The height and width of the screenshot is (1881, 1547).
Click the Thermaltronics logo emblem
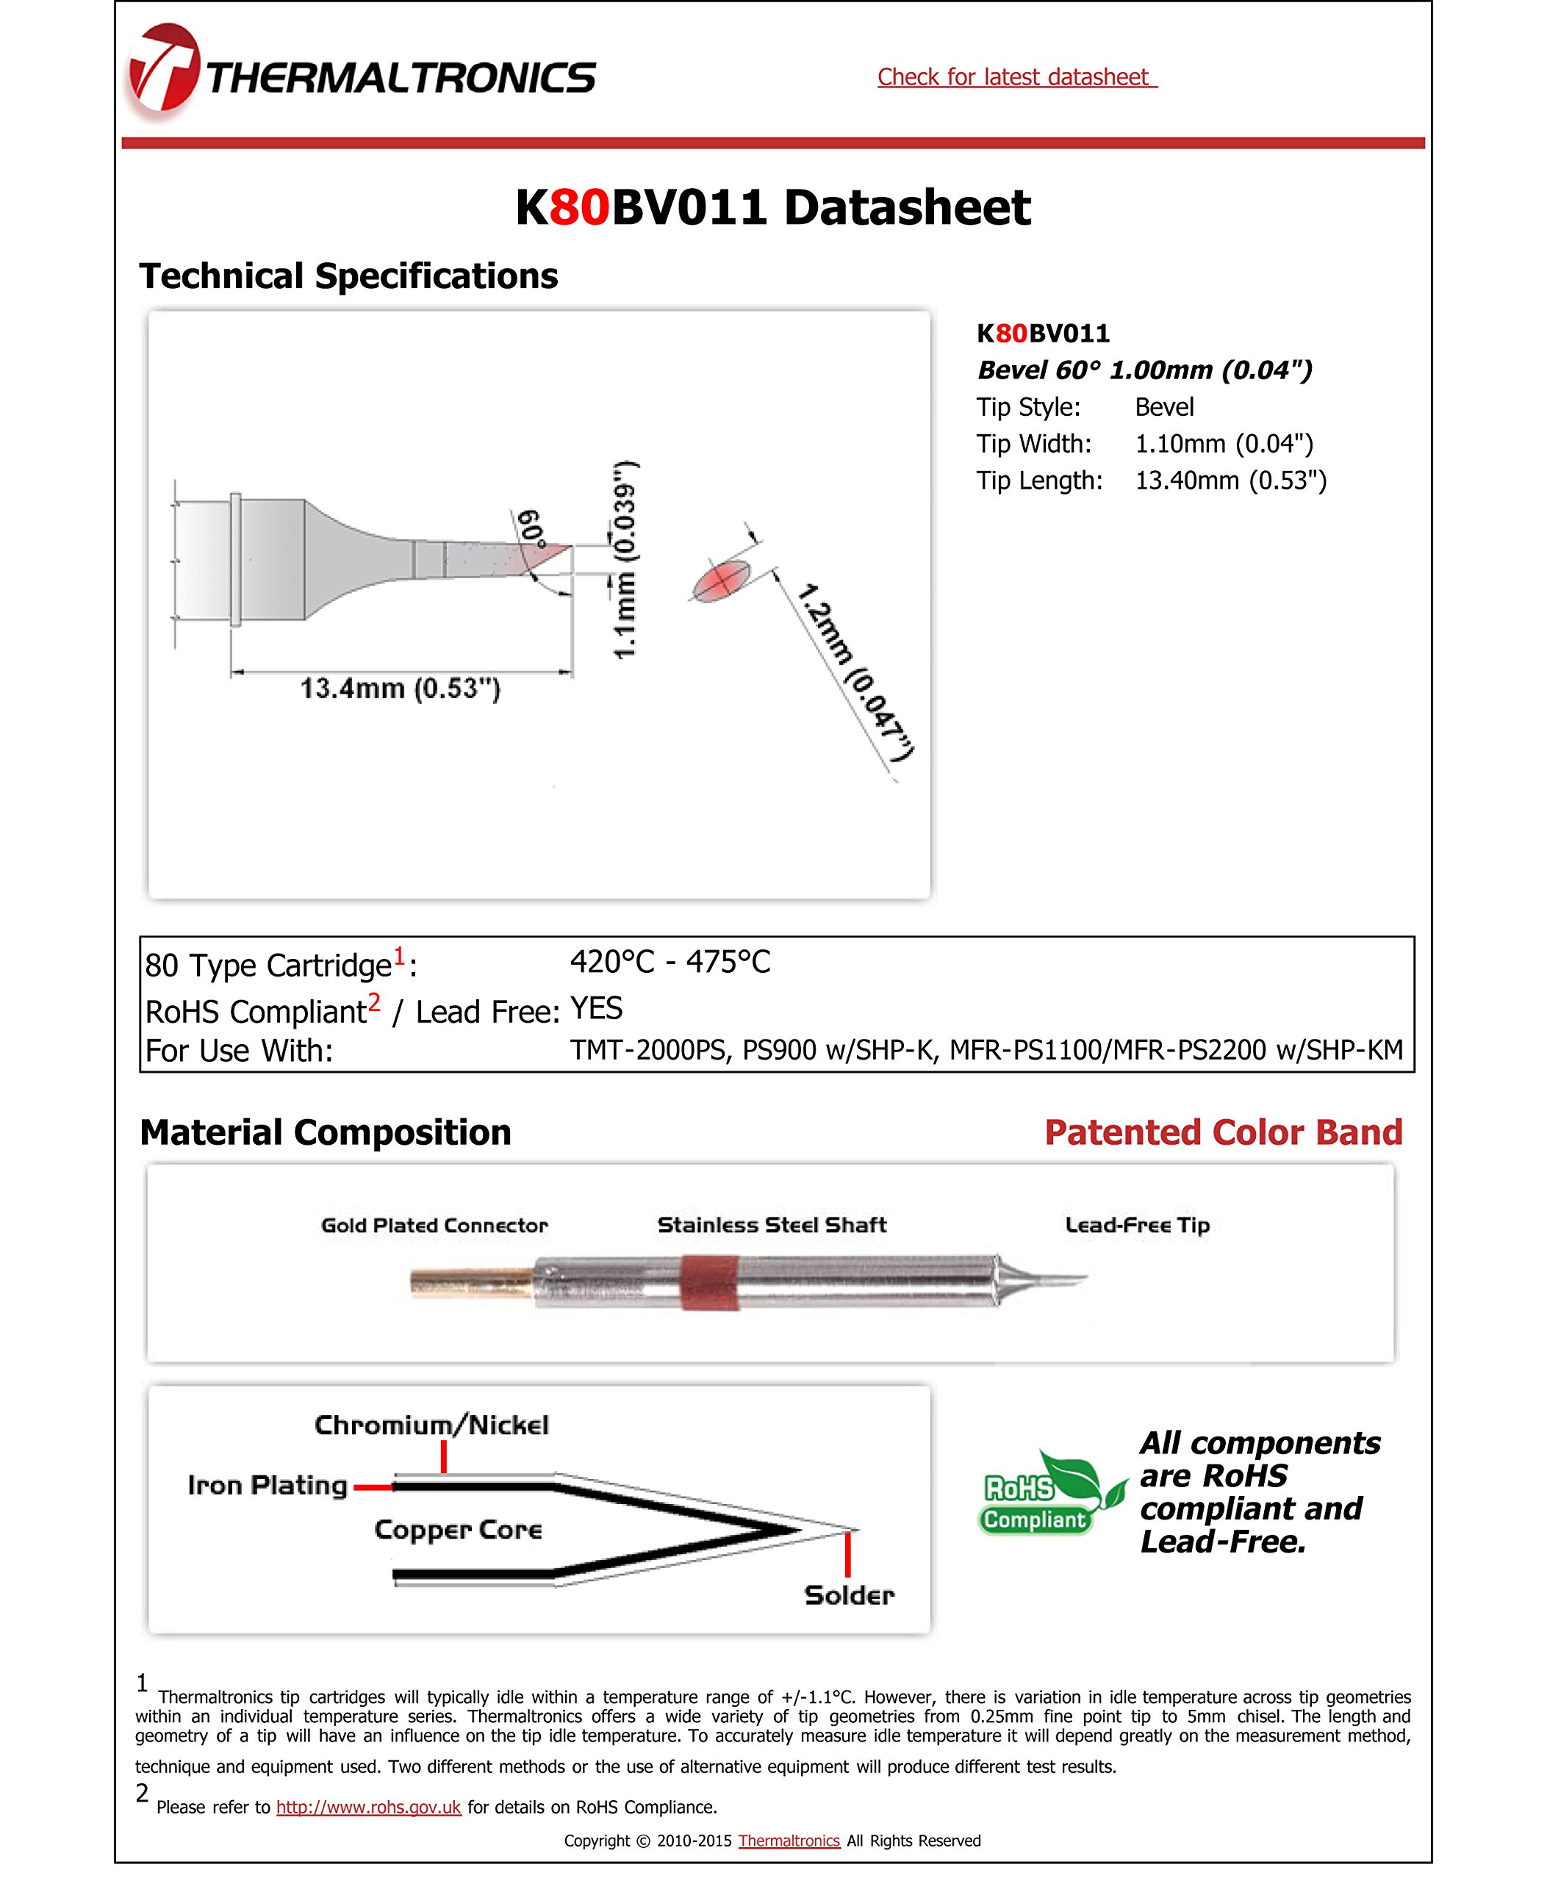(x=162, y=71)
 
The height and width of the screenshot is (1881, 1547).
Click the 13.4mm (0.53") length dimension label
(x=400, y=688)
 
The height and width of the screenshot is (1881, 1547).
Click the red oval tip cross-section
(x=721, y=581)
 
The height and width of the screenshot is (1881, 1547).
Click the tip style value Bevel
(x=1164, y=407)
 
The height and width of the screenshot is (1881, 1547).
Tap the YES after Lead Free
(x=596, y=1009)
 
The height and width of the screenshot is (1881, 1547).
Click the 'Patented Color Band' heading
(x=1223, y=1132)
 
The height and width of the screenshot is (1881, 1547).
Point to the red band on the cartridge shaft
(x=709, y=1283)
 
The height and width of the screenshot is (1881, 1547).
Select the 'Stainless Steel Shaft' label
(x=772, y=1225)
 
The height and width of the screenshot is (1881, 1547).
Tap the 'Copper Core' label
(x=458, y=1530)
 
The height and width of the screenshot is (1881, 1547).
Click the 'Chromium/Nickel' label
(x=431, y=1425)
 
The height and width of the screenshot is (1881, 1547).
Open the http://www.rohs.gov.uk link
(x=368, y=1807)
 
